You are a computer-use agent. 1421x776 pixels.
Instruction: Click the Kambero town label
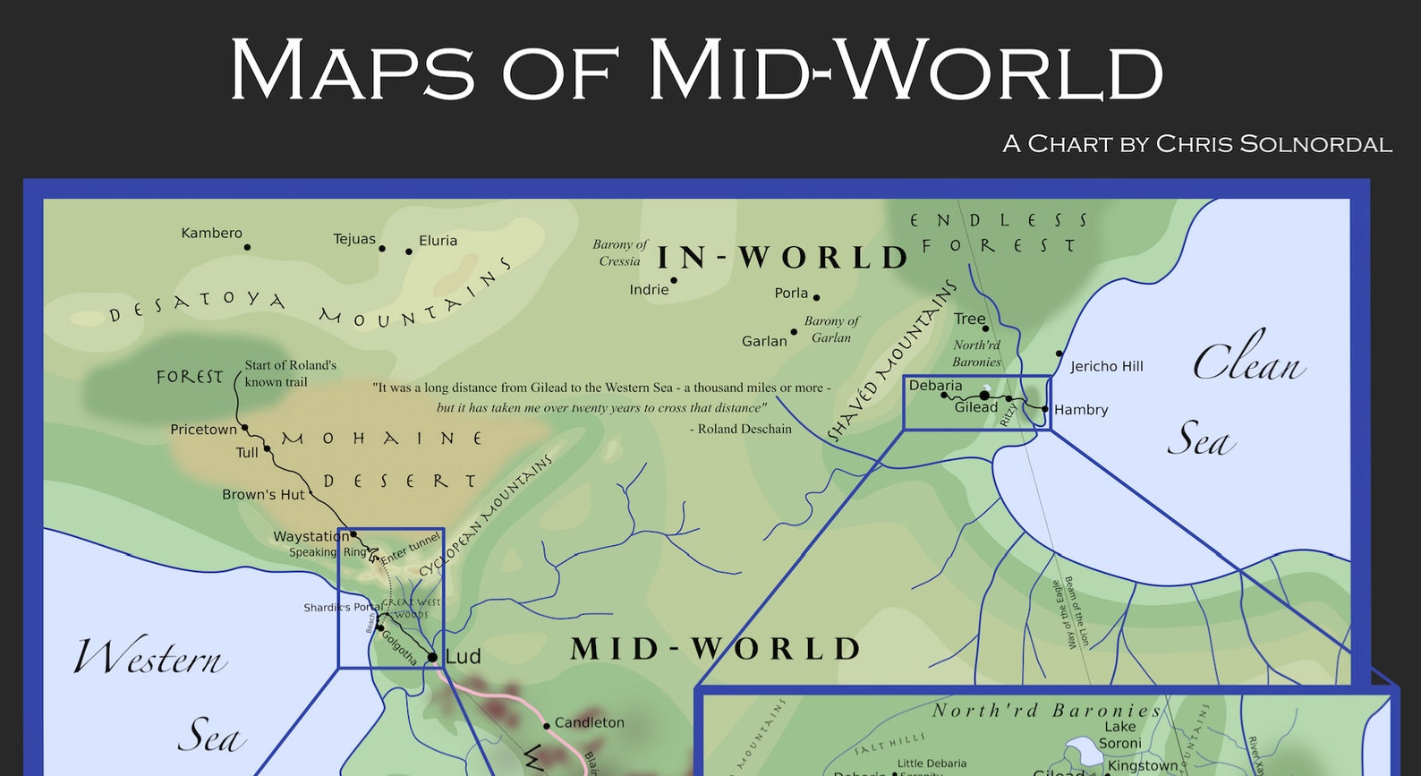[x=211, y=234]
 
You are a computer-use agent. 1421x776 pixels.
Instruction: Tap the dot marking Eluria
[x=409, y=252]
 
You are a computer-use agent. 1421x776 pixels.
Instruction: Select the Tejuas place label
[x=354, y=239]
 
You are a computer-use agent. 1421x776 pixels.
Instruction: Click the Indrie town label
[x=649, y=290]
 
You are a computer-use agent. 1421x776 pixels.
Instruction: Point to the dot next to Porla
[x=816, y=297]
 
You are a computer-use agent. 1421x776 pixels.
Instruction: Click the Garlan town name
[x=764, y=341]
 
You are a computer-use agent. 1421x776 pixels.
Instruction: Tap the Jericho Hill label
[x=1106, y=366]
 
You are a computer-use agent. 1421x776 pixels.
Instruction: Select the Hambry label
[x=1081, y=410]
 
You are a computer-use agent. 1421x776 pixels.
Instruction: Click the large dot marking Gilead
[x=984, y=395]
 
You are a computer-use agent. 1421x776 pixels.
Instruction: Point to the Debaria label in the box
[x=935, y=386]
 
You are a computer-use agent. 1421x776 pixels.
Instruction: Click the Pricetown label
[x=203, y=430]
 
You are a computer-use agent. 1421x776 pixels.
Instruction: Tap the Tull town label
[x=247, y=453]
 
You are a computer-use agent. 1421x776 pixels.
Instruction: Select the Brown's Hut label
[x=263, y=494]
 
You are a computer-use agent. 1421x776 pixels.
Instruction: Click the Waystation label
[x=311, y=537]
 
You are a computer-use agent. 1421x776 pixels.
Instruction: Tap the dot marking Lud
[x=433, y=658]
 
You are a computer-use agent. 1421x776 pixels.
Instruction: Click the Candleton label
[x=589, y=722]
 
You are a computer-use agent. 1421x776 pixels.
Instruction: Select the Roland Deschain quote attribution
[x=740, y=429]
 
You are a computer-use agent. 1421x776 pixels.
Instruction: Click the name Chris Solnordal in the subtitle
[x=1273, y=144]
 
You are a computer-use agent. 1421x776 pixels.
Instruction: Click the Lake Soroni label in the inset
[x=1119, y=735]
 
